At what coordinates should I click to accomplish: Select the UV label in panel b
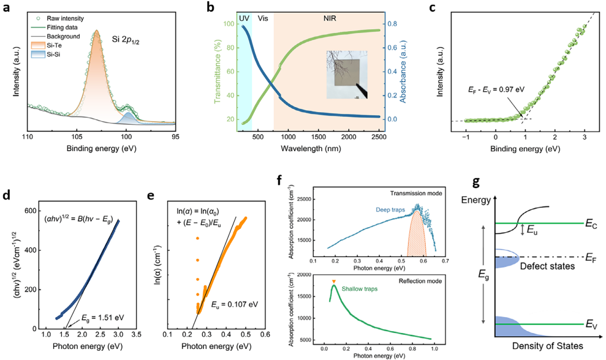pos(243,18)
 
